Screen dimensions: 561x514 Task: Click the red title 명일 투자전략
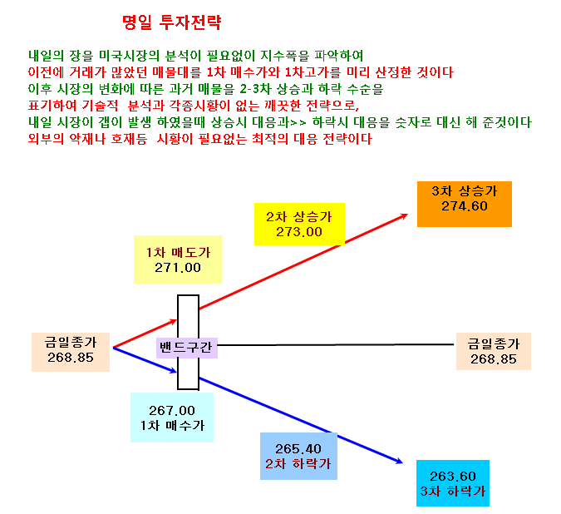coord(172,22)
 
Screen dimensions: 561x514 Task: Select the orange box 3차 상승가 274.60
coord(465,204)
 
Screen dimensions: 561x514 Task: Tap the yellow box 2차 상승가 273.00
coord(299,224)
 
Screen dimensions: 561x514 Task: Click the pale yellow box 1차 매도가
coord(178,259)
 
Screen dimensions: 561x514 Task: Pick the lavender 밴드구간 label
coord(187,348)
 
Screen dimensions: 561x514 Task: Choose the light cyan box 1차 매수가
coord(172,418)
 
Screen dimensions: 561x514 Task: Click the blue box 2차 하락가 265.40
coord(298,456)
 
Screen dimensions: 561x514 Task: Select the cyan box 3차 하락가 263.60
coord(453,483)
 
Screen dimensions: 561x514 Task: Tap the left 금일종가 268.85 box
coord(71,352)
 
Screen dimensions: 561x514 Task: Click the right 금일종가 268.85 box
coord(494,351)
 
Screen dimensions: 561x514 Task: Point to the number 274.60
coord(465,206)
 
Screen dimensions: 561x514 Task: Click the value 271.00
coord(178,268)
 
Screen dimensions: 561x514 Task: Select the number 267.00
coord(172,410)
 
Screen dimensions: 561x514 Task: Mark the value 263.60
coord(453,477)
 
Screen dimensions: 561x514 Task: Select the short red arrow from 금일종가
coord(145,334)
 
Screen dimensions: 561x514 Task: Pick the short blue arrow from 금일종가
coord(145,360)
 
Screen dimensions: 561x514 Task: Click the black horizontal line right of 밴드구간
coord(335,344)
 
